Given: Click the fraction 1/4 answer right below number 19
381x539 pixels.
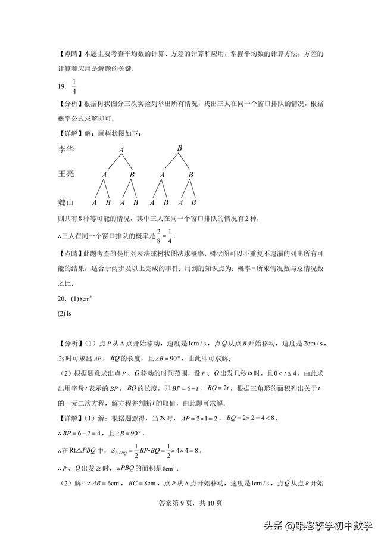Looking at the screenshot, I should coord(74,86).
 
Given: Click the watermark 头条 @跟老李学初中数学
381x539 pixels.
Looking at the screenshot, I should coord(319,526).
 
